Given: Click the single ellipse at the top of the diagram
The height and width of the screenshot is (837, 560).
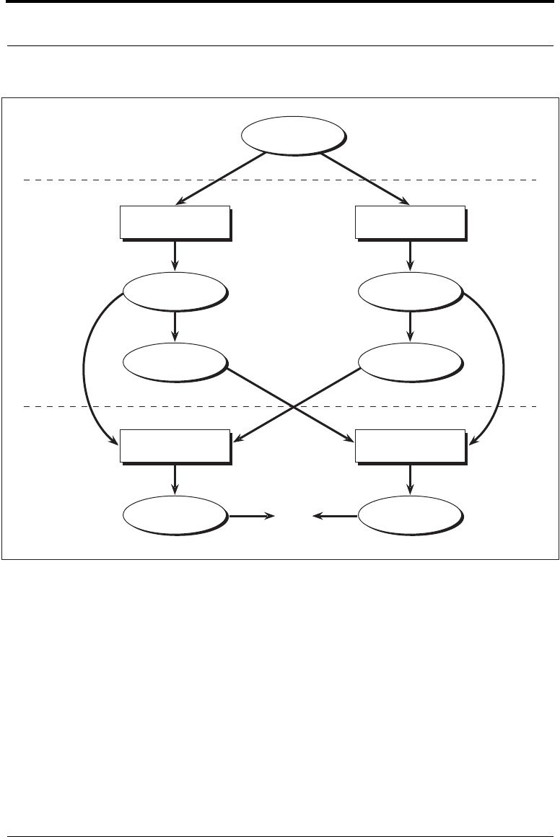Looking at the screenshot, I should [292, 135].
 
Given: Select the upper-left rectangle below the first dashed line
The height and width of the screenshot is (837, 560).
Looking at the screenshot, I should [175, 222].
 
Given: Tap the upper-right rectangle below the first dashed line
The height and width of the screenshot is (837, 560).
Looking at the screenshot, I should [410, 222].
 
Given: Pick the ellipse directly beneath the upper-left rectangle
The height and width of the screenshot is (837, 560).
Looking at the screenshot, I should [174, 292].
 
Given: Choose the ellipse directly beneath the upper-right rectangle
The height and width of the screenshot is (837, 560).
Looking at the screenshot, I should [410, 292].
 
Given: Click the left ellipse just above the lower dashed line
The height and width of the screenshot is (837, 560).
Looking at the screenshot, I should [174, 360].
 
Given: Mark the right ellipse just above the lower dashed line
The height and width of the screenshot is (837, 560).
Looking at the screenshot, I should [410, 360].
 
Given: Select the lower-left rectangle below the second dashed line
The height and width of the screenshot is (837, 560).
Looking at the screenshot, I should [175, 445].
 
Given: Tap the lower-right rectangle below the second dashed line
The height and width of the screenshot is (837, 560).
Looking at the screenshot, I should [410, 445].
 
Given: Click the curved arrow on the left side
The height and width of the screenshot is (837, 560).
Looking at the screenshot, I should [85, 368].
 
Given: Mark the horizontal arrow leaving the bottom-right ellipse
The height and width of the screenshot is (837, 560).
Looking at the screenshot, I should [335, 516].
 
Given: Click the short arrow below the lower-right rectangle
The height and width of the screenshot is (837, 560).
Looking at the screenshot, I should [410, 478].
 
